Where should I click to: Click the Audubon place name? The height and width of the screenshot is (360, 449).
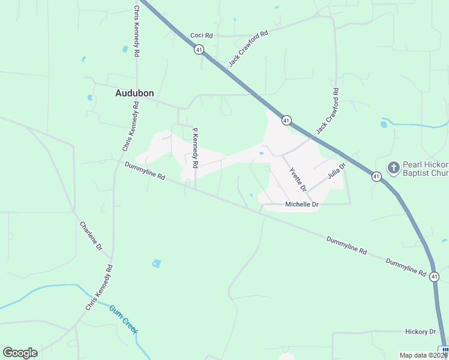coord(134,94)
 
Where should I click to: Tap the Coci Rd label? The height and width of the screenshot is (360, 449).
coord(202,36)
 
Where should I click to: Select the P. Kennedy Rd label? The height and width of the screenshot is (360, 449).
coord(194,147)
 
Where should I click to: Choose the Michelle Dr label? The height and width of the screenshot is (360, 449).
coord(301,205)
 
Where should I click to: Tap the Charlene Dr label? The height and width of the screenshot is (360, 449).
coord(91,236)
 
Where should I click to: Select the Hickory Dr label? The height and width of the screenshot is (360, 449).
coord(420,332)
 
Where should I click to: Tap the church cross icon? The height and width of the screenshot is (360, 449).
coord(393,167)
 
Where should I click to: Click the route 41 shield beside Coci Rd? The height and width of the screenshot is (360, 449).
coord(199,50)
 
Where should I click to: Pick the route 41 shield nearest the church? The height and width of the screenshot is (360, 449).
coord(376,176)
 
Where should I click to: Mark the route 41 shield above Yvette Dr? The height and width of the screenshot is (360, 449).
coord(286,120)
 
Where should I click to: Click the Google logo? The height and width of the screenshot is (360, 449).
coord(20,353)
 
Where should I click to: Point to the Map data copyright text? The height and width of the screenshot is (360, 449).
coord(424,355)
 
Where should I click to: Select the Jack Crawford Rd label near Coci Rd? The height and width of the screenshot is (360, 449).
coord(248,46)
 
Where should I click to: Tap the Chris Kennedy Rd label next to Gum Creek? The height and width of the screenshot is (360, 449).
coord(99,287)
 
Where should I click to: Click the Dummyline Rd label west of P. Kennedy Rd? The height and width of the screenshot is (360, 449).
coord(145,170)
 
